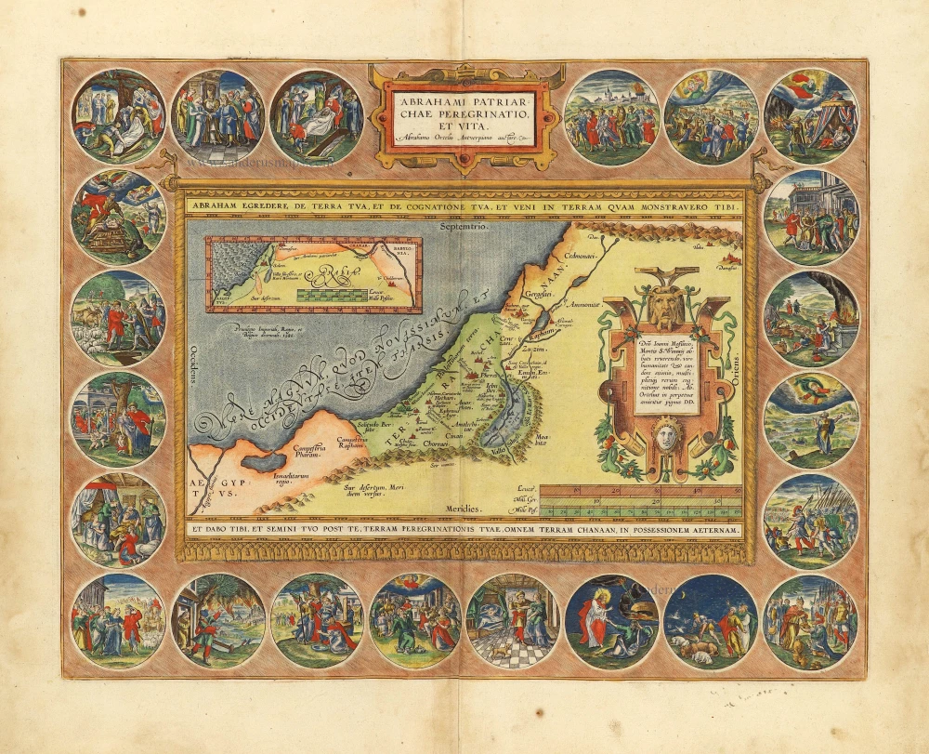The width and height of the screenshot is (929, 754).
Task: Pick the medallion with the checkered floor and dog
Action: click(513, 620)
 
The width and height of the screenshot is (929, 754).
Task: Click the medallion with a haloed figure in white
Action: click(611, 620)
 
